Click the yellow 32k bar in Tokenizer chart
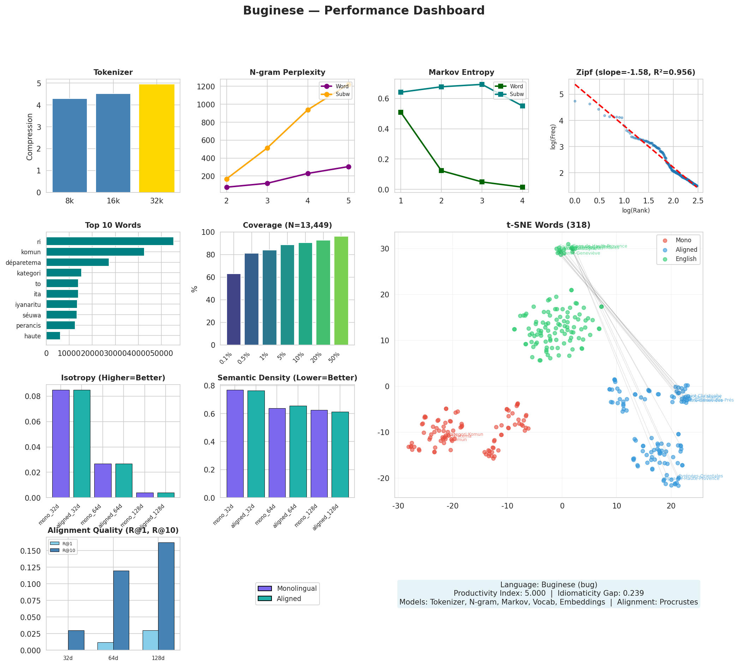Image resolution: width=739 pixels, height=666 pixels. point(156,138)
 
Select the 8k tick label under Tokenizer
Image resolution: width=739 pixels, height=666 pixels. point(70,201)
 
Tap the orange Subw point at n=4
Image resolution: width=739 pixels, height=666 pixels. point(308,110)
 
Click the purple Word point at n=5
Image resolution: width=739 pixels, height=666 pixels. point(348,167)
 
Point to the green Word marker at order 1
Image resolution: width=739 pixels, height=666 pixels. point(401,112)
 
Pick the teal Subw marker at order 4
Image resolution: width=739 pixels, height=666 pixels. point(523,106)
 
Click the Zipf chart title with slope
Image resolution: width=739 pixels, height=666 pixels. point(636,72)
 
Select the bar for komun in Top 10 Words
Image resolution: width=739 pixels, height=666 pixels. point(95,252)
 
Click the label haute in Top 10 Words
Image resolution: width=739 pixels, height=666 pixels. point(32,336)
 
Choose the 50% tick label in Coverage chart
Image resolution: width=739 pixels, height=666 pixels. point(335,357)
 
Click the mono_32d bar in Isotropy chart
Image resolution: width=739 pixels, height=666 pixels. point(61,444)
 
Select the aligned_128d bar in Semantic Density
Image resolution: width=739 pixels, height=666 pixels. point(340,454)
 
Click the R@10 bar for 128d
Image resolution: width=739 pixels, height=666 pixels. point(166,596)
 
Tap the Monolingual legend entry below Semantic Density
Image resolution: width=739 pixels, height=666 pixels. point(296,588)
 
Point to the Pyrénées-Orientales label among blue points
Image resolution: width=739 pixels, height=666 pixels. point(700,476)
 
